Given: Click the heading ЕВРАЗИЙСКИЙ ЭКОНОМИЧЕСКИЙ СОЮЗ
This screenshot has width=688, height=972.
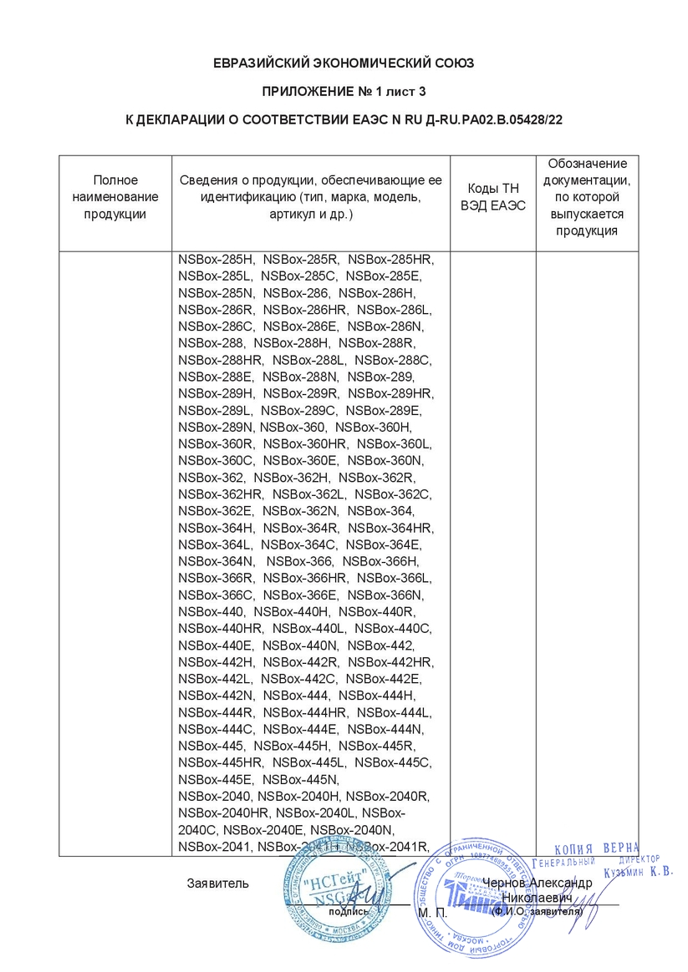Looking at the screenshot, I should tap(344, 63).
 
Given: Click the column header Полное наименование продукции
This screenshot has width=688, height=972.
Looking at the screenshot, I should tap(115, 197).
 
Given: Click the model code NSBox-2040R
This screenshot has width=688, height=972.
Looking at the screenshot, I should tap(386, 796).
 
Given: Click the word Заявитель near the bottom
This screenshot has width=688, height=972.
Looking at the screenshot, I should tap(217, 883).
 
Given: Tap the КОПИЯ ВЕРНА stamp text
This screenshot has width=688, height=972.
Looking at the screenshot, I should tap(597, 848).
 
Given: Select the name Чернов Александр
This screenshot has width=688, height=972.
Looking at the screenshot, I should tap(538, 883).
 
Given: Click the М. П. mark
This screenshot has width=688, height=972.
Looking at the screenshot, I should tap(431, 913).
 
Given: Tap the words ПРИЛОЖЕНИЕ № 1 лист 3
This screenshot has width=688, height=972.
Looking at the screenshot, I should tap(344, 92).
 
